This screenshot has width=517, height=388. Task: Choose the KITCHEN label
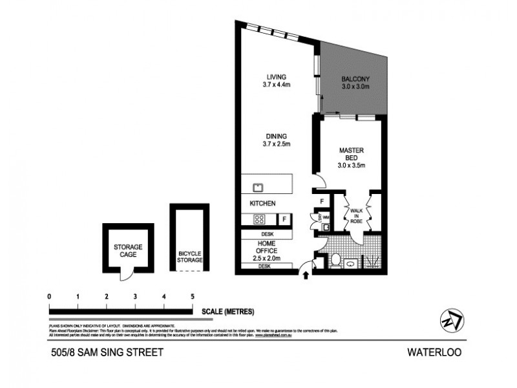[x=263, y=204]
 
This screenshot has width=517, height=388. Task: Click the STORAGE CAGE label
[x=128, y=251]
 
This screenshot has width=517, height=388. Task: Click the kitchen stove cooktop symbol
[x=258, y=219]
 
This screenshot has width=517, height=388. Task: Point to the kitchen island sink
[x=257, y=188]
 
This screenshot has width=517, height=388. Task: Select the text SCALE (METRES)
[x=227, y=311]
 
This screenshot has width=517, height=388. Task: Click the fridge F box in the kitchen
[x=285, y=219]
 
